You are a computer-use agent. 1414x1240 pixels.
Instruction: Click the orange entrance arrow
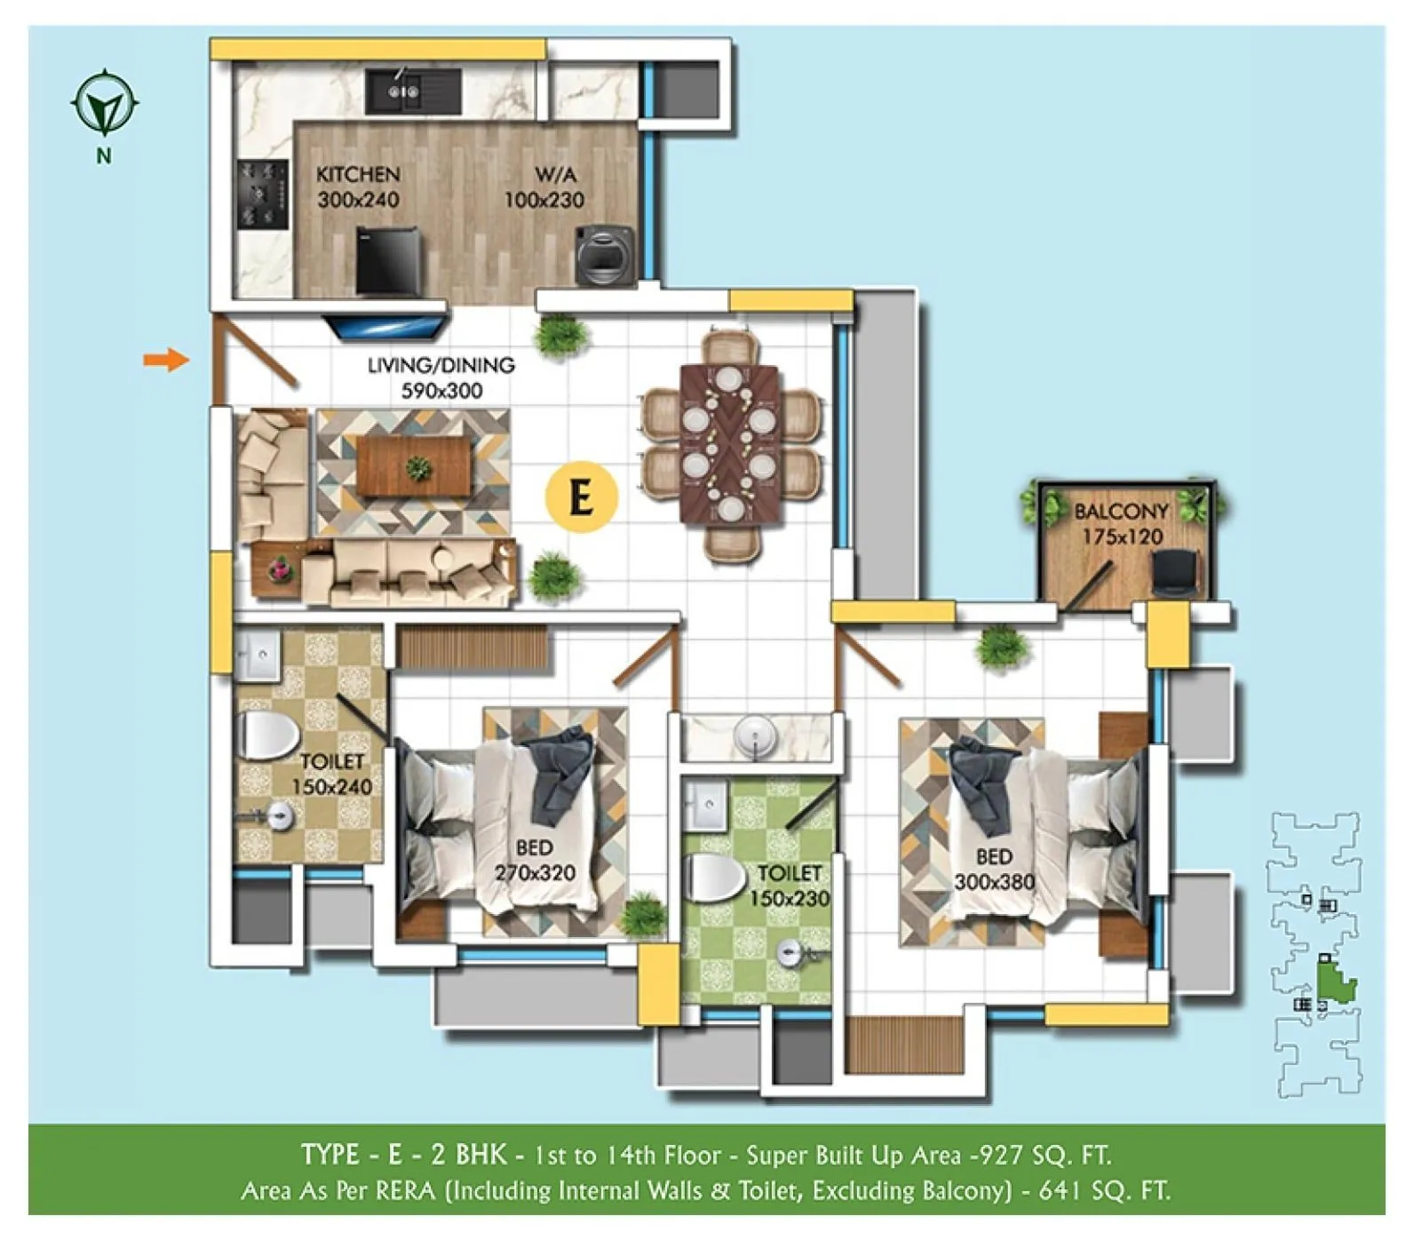166,360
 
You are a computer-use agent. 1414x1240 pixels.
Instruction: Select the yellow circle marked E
582,497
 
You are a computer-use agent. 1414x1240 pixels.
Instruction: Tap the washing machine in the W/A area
604,255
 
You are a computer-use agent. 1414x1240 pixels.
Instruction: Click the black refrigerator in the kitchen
387,262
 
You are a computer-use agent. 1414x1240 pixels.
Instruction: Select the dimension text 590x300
441,391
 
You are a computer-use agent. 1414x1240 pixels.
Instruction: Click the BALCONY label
1121,512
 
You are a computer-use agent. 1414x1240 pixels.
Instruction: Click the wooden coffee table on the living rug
414,467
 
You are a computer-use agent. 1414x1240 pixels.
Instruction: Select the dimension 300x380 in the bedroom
994,882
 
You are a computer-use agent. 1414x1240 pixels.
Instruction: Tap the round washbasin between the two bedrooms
756,736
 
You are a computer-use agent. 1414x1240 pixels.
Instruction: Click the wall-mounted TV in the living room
388,323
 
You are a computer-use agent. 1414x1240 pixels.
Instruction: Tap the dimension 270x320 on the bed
535,873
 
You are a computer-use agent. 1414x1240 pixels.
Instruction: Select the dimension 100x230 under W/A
544,200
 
